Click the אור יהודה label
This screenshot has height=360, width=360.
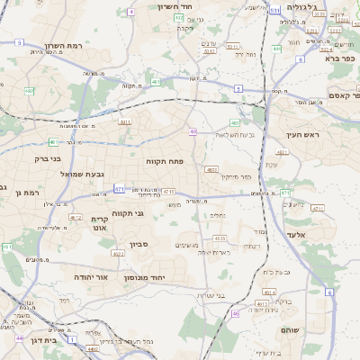tap(90, 277)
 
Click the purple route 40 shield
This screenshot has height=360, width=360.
tap(193, 131)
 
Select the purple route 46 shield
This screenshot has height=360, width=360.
tap(236, 313)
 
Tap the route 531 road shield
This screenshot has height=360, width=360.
tap(274, 10)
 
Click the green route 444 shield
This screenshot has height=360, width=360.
tap(276, 49)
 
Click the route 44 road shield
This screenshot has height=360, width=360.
tap(19, 338)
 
